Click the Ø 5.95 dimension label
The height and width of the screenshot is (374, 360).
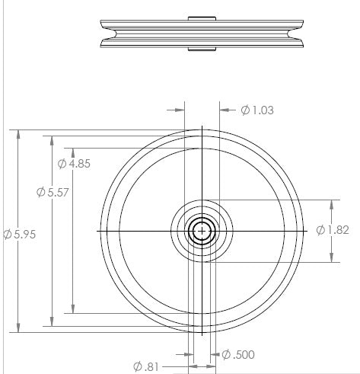coord(20,234)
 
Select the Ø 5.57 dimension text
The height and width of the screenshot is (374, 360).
coord(53,192)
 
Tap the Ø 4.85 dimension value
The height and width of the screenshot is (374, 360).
coord(74,164)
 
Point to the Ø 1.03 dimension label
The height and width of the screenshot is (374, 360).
coord(257,110)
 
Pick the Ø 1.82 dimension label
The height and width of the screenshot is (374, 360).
coord(333,230)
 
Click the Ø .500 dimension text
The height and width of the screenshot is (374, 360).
coord(238,355)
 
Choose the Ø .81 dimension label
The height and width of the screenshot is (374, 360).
coord(146,366)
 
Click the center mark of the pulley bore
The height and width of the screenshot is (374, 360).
coord(202,231)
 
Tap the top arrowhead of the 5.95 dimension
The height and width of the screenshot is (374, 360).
coord(18,135)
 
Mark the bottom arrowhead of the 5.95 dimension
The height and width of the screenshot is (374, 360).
coord(18,328)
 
